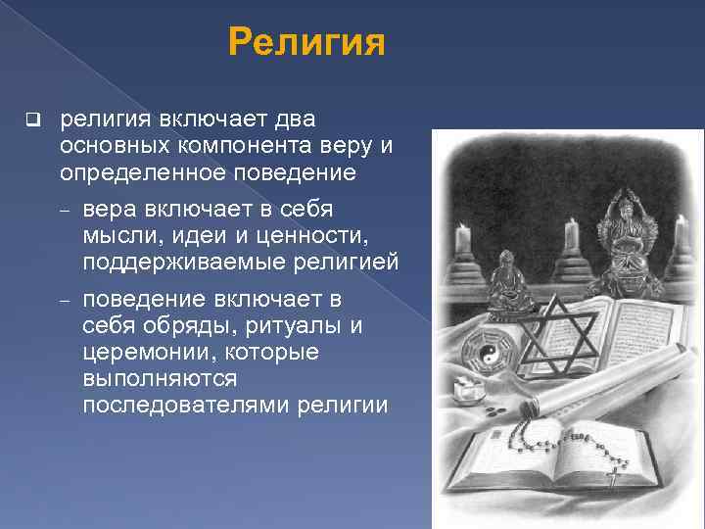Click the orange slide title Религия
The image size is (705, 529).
(305, 43)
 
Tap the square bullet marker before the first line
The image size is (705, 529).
(32, 121)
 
